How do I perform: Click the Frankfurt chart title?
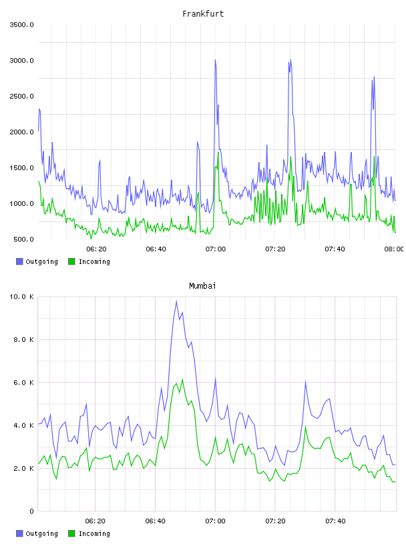click(x=203, y=14)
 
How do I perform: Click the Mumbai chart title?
click(x=202, y=286)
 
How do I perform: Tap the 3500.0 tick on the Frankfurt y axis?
click(x=21, y=25)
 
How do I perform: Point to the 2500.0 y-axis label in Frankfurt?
click(x=21, y=96)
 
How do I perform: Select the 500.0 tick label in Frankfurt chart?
click(x=23, y=239)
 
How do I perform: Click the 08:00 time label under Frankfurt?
click(x=394, y=249)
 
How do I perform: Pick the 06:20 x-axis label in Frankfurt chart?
click(x=96, y=249)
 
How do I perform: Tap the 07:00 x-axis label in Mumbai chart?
click(x=215, y=521)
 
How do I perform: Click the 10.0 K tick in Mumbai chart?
click(x=21, y=297)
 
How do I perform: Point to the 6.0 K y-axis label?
click(x=23, y=382)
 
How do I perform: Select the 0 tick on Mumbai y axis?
click(x=31, y=511)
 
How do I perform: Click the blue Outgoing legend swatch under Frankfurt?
click(x=19, y=261)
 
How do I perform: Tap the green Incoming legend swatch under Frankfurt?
click(x=71, y=261)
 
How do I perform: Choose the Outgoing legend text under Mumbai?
click(x=41, y=534)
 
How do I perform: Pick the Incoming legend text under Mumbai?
click(x=94, y=534)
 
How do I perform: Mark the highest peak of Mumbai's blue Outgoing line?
click(x=176, y=301)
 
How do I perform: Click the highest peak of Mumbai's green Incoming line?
click(x=182, y=379)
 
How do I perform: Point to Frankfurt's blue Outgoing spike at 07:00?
click(x=215, y=60)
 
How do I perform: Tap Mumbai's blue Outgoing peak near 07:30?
click(x=306, y=381)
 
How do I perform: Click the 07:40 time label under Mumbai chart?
click(x=335, y=521)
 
